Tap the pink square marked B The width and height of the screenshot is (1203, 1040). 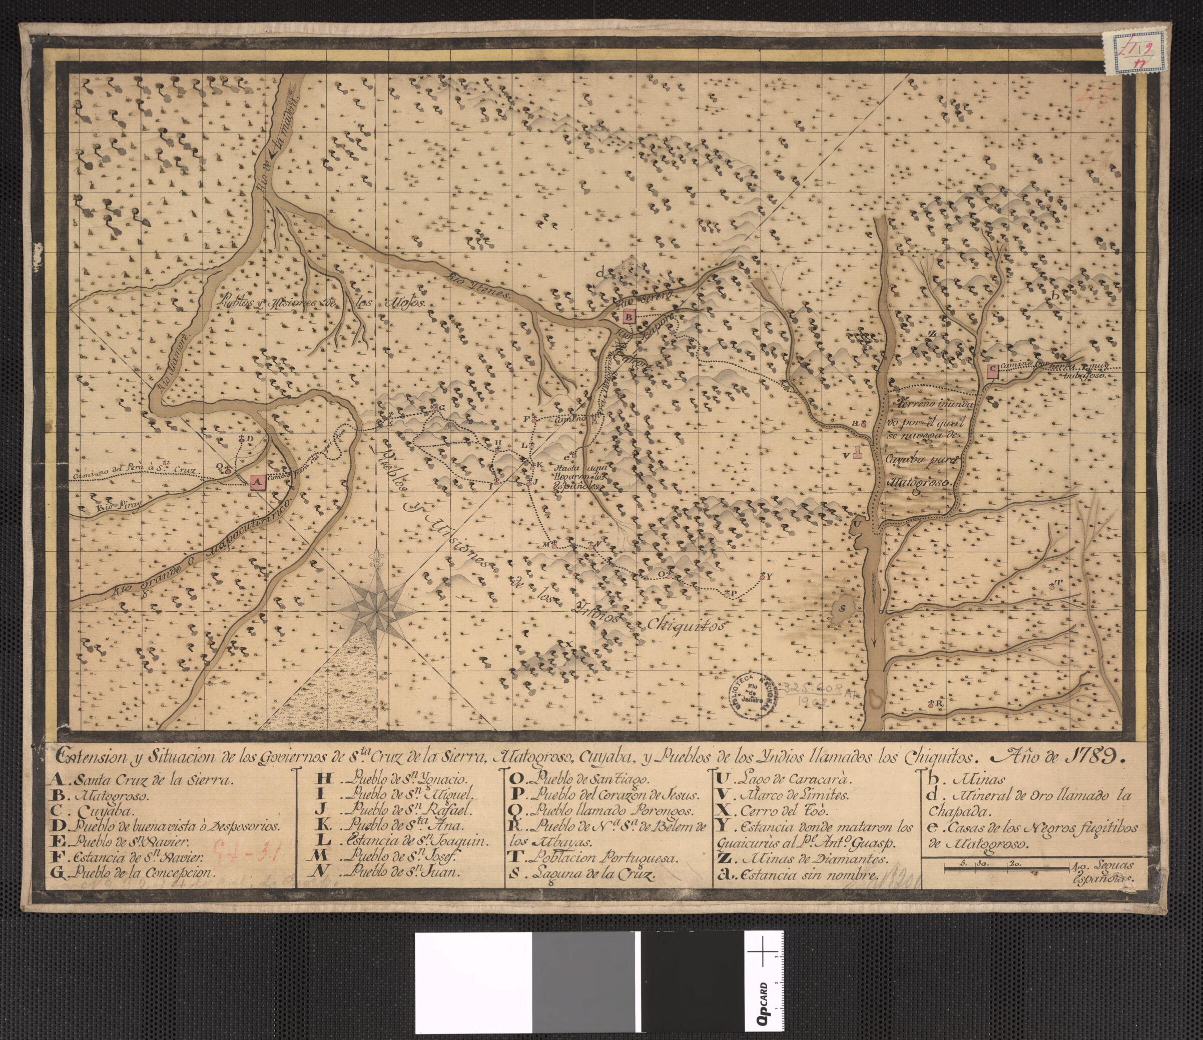pyautogui.click(x=629, y=316)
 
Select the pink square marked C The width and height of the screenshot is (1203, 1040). pyautogui.click(x=992, y=370)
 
